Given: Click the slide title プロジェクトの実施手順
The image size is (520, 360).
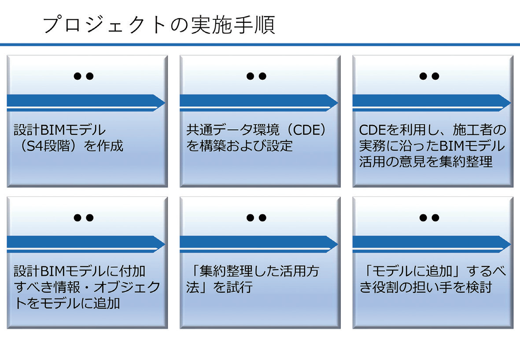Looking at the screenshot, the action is (x=159, y=25).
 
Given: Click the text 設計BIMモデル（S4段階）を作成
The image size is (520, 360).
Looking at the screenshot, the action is (x=68, y=138).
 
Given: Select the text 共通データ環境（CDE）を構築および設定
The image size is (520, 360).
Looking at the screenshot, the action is (x=256, y=138).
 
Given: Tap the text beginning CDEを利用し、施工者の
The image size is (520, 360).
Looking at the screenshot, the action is (x=432, y=146).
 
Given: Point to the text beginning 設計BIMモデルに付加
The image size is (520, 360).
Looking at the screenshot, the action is (x=87, y=287).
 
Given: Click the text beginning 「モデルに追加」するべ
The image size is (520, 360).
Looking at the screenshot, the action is (x=432, y=279).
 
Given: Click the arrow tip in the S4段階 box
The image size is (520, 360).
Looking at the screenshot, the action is (x=165, y=103).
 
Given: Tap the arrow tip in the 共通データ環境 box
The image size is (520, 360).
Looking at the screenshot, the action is (x=338, y=103).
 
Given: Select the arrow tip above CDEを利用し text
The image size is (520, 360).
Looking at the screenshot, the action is (x=510, y=103).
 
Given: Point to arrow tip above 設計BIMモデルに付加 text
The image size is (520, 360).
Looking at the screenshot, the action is (x=165, y=244).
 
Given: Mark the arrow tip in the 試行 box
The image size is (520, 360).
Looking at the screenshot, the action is (x=338, y=244).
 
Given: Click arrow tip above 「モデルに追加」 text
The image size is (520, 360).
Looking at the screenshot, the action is (x=510, y=244).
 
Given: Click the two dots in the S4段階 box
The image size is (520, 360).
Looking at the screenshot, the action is (x=84, y=76).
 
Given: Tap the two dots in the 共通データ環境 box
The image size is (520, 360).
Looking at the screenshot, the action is (x=256, y=76).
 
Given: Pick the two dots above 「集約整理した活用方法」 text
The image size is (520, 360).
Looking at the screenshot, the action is (x=256, y=218).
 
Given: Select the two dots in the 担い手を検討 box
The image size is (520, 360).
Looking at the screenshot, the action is (x=429, y=218).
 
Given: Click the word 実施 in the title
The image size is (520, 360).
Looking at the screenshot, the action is (x=212, y=25).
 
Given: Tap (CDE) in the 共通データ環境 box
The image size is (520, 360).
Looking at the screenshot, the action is (x=306, y=130).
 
